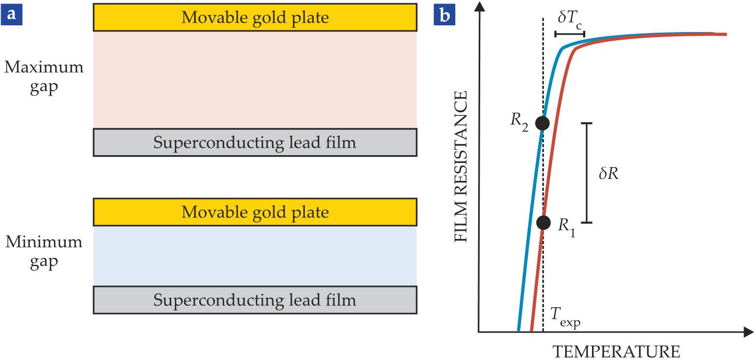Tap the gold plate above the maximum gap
tap(255, 18)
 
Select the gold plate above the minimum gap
tap(255, 212)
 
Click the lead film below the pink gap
tap(255, 142)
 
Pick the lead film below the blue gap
tap(255, 300)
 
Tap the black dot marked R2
tap(542, 123)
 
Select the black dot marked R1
tap(543, 222)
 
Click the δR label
tap(609, 174)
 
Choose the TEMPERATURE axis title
tap(617, 351)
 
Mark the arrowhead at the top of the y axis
tap(481, 6)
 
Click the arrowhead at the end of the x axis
tap(748, 332)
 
